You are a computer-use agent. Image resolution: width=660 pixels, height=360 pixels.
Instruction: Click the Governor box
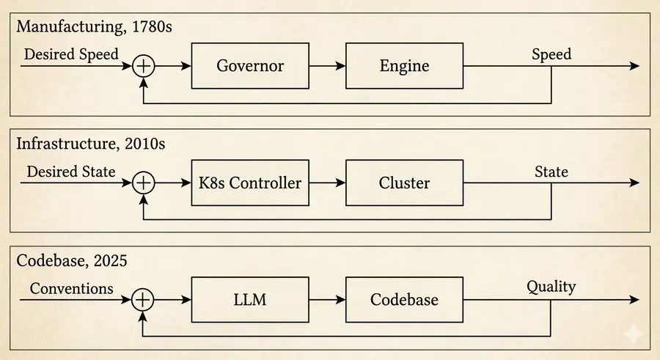[250, 65]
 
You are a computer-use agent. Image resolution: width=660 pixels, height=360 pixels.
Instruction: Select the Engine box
[404, 65]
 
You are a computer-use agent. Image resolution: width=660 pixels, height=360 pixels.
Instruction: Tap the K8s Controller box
[250, 183]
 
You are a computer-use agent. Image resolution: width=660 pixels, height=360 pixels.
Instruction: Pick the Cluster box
[404, 183]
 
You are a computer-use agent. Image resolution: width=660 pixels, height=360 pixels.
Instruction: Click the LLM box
[250, 299]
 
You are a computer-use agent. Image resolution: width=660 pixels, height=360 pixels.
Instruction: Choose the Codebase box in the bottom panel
[404, 299]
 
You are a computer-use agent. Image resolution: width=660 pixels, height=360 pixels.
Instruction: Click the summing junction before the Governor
[144, 66]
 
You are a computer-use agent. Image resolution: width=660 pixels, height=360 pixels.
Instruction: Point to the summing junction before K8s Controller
[144, 183]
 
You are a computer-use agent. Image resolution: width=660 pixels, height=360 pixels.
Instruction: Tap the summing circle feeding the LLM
[144, 299]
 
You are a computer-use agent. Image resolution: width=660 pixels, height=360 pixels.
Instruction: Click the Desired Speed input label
[71, 54]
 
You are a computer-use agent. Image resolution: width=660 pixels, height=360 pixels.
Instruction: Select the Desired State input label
[71, 172]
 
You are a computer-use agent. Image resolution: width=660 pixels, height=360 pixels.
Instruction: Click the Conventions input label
[72, 288]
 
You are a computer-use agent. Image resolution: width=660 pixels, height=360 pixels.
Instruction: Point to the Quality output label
[551, 287]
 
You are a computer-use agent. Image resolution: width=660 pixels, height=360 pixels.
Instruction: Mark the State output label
[551, 172]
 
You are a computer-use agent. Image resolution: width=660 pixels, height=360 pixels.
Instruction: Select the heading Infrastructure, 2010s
[91, 144]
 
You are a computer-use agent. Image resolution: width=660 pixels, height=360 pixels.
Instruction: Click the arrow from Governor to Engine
[327, 66]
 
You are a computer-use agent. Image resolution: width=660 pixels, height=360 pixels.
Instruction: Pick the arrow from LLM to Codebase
[327, 299]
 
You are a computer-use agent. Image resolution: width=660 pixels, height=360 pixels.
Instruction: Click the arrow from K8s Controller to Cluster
[327, 183]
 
